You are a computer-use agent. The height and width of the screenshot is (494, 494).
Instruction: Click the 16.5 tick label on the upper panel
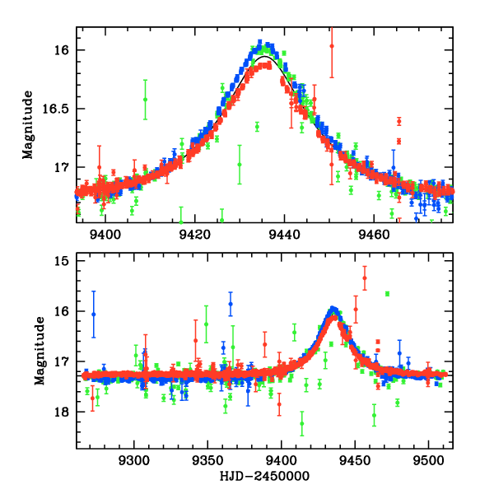coord(61,109)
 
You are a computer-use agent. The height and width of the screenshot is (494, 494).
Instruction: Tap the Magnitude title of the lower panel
coord(40,354)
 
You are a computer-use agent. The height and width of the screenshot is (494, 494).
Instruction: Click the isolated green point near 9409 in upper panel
coord(146,100)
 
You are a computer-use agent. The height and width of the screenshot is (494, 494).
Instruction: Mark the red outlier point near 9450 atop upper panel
coord(332,46)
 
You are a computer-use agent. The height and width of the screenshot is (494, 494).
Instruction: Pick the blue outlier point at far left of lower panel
coord(94,314)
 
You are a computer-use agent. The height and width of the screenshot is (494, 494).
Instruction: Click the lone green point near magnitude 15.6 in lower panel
coord(387,294)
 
